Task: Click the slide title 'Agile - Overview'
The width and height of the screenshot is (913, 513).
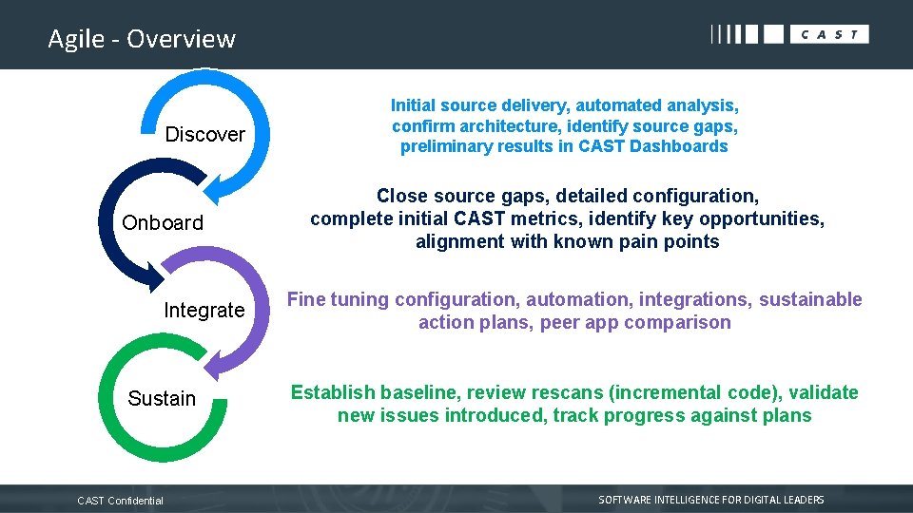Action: (142, 39)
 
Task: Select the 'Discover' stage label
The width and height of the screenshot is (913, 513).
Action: (204, 135)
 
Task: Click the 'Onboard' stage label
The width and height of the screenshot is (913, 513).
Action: (163, 223)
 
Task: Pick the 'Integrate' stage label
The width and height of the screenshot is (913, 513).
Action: (204, 311)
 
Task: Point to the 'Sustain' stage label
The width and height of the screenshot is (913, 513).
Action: (162, 399)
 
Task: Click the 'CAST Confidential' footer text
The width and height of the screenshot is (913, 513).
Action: (120, 501)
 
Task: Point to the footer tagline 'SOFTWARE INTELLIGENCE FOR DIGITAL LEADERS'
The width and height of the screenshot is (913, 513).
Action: (710, 500)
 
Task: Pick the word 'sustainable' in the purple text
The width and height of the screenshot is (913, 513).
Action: (810, 300)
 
